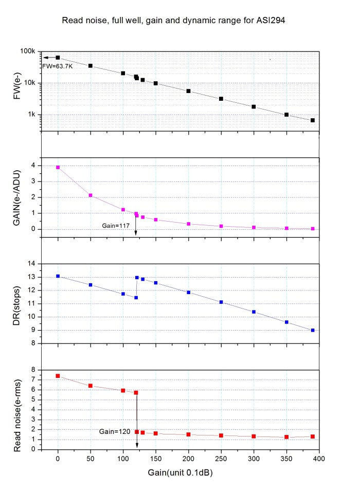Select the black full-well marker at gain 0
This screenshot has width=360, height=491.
tap(58, 58)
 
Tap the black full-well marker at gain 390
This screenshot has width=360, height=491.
tap(313, 120)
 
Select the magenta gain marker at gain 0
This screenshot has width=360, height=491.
tap(58, 167)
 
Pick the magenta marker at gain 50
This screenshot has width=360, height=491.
tap(91, 195)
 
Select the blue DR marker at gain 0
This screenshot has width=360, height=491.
tap(58, 276)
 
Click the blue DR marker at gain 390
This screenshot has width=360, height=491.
tap(313, 330)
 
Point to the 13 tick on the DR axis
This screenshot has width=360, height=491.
tap(33, 277)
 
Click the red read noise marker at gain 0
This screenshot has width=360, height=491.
tap(58, 376)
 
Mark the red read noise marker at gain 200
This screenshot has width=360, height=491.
tap(188, 434)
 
